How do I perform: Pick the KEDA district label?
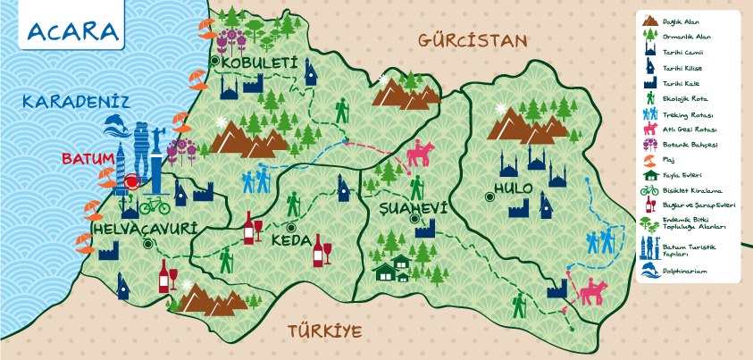(x=291, y=241)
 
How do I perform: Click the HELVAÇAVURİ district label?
(x=144, y=229)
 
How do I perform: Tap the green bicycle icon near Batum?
(x=154, y=205)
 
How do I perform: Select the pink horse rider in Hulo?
(x=589, y=291)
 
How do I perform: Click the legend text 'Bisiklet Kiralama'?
(x=693, y=190)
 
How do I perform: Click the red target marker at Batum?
(x=132, y=182)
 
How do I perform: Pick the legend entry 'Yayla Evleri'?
(x=686, y=175)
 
